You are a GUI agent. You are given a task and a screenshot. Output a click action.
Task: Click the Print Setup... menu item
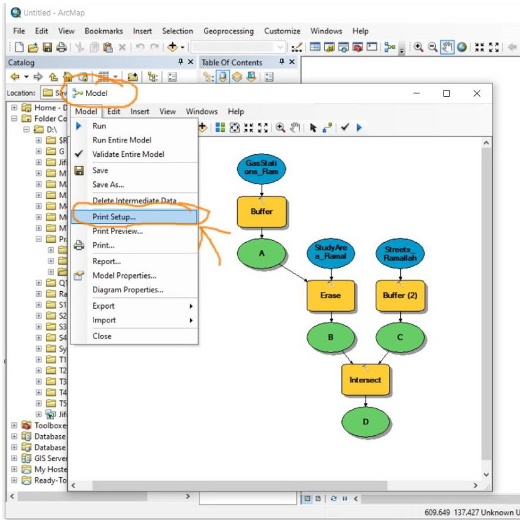(x=114, y=216)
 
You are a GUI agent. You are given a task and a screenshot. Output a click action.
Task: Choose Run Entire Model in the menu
(x=122, y=140)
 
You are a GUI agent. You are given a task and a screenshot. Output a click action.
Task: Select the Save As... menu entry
(x=108, y=184)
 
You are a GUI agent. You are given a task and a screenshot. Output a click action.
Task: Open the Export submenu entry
(x=103, y=306)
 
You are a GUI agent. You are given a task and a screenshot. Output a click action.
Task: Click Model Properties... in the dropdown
(x=124, y=275)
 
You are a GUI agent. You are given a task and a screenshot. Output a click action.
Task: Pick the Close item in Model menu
(x=102, y=336)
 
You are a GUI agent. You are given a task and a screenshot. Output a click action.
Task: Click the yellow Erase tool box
(x=330, y=295)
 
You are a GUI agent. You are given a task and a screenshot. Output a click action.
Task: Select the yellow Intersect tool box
(x=365, y=379)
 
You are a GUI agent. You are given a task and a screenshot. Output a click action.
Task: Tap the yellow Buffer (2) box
(x=400, y=295)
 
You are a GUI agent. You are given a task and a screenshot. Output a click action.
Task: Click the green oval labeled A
(x=262, y=253)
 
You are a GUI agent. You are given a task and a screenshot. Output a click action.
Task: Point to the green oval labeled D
(x=365, y=422)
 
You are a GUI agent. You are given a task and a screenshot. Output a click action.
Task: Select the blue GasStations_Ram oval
(x=262, y=169)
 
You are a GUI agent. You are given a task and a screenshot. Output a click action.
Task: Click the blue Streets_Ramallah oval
(x=400, y=253)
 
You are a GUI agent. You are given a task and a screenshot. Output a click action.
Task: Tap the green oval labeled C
(x=400, y=337)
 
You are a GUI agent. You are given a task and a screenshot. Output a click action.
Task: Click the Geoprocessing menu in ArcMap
(x=228, y=31)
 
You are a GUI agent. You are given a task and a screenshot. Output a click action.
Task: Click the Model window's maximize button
(x=447, y=93)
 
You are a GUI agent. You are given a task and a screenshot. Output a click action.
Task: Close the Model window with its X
(x=477, y=93)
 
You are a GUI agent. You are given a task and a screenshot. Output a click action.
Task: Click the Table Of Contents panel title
(x=231, y=62)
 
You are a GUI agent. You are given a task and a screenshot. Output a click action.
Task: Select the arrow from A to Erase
(x=295, y=273)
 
